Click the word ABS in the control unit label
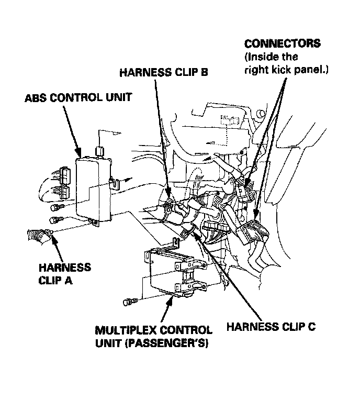[x=34, y=97]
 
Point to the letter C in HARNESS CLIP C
[x=311, y=327]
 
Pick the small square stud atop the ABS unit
[x=99, y=152]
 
